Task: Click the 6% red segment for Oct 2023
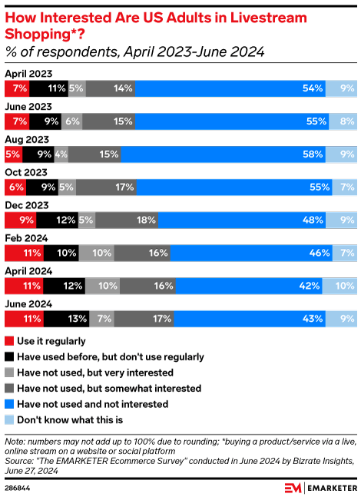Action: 15,186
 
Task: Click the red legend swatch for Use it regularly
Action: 9,340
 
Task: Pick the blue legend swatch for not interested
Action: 9,403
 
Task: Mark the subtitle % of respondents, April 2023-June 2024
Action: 134,52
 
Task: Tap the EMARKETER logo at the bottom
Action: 319,486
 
